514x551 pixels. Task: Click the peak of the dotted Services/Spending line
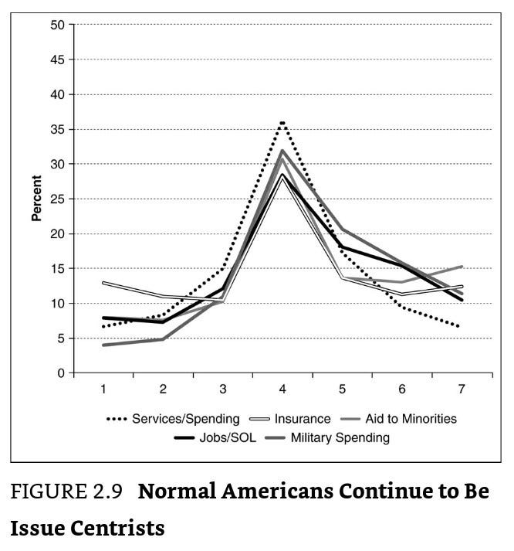(282, 122)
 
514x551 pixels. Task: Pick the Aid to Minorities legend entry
(412, 420)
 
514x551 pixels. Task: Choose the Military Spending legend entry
(340, 438)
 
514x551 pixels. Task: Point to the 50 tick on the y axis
(58, 25)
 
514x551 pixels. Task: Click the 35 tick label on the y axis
(58, 129)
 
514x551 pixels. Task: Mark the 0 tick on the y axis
(61, 373)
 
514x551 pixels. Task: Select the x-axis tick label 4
(282, 389)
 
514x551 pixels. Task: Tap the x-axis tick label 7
(462, 389)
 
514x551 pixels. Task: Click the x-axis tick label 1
(103, 389)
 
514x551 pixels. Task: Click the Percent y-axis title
(36, 199)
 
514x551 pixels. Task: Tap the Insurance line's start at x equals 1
(103, 283)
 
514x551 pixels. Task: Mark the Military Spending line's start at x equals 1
(103, 345)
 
